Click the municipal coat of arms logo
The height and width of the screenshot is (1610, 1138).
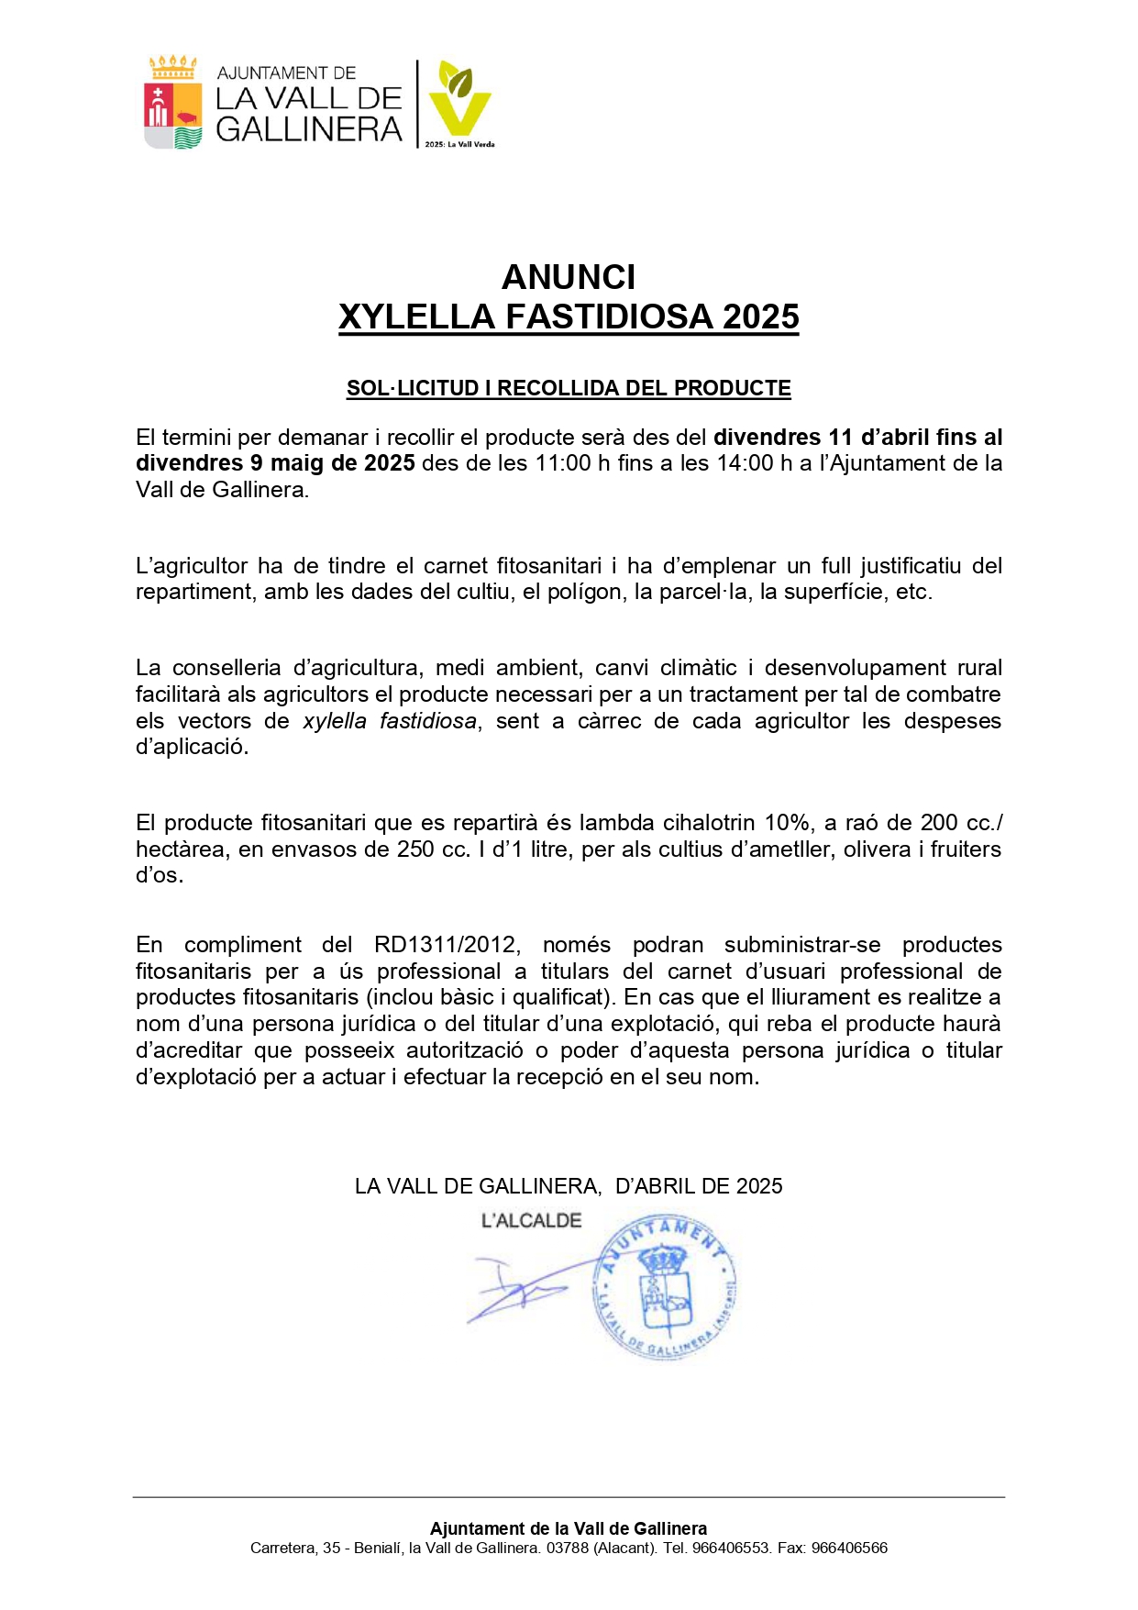pyautogui.click(x=173, y=103)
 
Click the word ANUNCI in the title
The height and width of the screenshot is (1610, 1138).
pyautogui.click(x=569, y=277)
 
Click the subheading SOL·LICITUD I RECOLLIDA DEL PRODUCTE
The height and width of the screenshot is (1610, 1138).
pyautogui.click(x=569, y=388)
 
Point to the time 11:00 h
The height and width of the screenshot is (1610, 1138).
pyautogui.click(x=565, y=463)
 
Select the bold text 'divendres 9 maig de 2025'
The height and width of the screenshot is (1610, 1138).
pyautogui.click(x=275, y=463)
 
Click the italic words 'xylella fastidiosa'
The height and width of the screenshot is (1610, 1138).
pyautogui.click(x=390, y=721)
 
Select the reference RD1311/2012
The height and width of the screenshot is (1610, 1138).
pyautogui.click(x=447, y=945)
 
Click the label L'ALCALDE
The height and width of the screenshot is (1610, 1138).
pyautogui.click(x=531, y=1221)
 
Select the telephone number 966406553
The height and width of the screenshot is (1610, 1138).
pyautogui.click(x=731, y=1548)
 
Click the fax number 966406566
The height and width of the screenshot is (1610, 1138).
pyautogui.click(x=849, y=1548)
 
